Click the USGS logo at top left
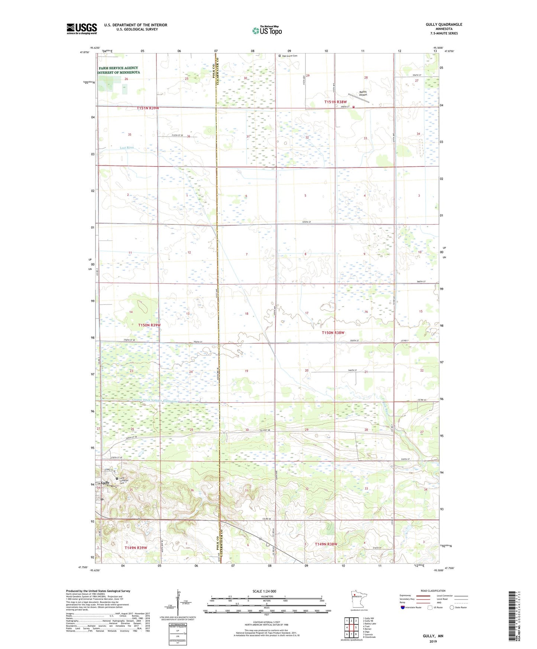pos(81,29)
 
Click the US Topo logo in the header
pos(267,30)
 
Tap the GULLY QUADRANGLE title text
pos(444,25)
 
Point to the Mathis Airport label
pos(362,93)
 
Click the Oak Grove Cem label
pos(289,56)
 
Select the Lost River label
pos(127,148)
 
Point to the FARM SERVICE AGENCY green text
pos(118,68)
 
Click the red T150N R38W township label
pos(333,333)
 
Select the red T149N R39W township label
pos(136,548)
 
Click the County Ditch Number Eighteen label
pos(156,401)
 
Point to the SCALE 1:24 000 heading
pos(264,591)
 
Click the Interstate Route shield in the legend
pos(403,607)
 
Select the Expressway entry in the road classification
pos(405,595)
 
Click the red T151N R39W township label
pos(148,108)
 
